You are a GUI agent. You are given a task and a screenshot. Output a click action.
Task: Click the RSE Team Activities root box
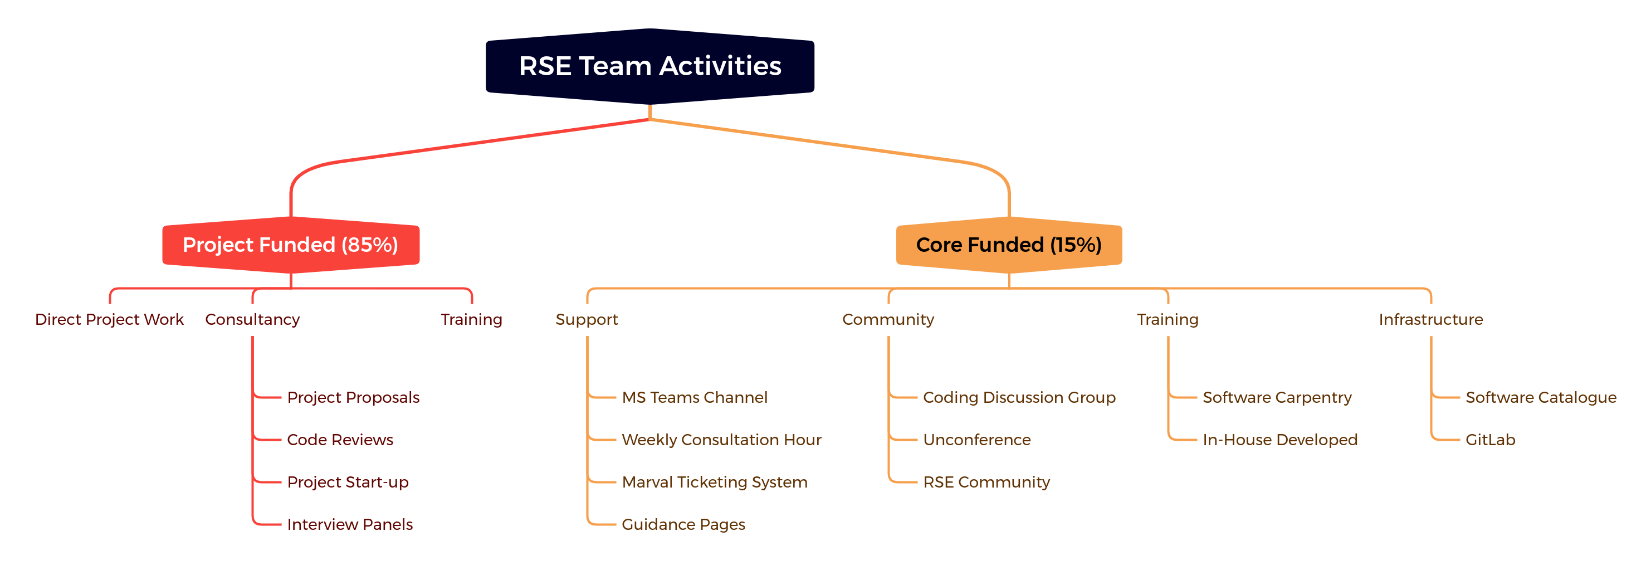pos(650,66)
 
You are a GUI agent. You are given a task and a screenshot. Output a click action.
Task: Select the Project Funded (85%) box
pos(291,245)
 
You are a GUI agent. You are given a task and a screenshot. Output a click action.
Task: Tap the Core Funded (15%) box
pos(1009,245)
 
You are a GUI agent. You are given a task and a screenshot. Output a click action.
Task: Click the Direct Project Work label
pos(109,319)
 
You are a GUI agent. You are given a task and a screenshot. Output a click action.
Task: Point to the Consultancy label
pos(252,319)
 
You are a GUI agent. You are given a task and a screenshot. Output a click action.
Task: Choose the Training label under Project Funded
pos(472,319)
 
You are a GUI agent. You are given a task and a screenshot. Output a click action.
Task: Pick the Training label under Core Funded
pos(1168,319)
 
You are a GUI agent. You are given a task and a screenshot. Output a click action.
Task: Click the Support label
pos(587,319)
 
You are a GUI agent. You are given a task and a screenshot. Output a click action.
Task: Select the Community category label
pos(888,319)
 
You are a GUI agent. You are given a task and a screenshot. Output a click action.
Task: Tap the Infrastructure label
pos(1430,319)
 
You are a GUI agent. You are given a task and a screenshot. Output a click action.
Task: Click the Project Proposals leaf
pos(353,397)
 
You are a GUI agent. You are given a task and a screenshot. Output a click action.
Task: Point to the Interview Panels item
pos(350,524)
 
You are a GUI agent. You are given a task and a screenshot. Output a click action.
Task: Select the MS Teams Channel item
pos(695,397)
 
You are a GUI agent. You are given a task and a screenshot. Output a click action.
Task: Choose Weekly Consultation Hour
pos(722,440)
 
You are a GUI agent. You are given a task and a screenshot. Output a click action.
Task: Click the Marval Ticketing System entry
pos(715,482)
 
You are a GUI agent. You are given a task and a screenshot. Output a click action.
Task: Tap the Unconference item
pos(977,440)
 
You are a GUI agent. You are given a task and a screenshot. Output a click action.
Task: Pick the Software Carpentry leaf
pos(1277,397)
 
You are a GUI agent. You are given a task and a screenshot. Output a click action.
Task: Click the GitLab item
pos(1490,440)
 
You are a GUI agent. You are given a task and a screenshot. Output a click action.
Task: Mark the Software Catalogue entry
pos(1541,397)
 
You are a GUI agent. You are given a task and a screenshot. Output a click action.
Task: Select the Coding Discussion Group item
pos(1019,397)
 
